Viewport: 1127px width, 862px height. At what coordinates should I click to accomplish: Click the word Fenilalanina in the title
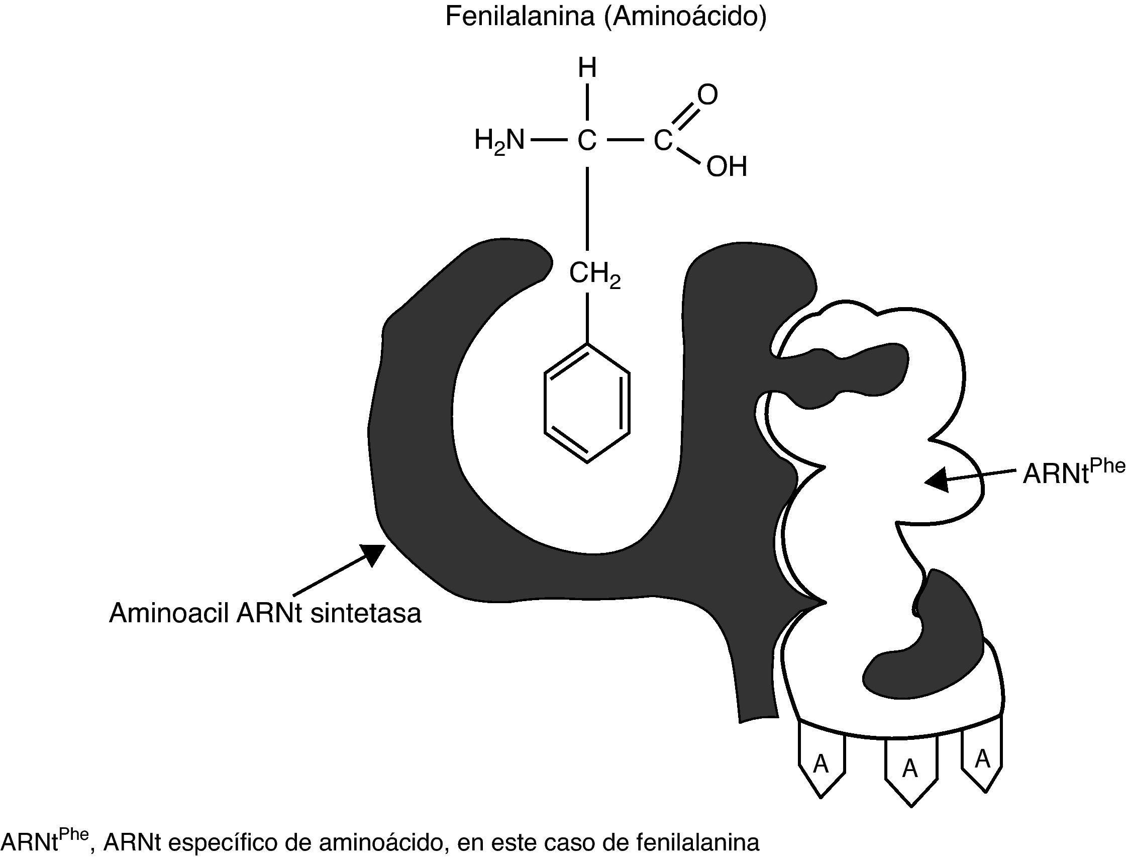click(x=519, y=17)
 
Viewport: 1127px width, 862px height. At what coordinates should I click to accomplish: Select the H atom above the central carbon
click(x=587, y=68)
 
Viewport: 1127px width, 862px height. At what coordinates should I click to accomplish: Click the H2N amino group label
click(x=499, y=141)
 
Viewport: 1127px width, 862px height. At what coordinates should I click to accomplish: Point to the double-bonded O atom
click(x=707, y=95)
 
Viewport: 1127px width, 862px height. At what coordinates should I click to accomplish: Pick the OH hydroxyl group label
click(x=727, y=167)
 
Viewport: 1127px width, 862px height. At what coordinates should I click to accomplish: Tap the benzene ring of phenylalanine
click(x=587, y=403)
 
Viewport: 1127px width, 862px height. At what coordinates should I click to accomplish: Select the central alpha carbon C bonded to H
click(x=587, y=141)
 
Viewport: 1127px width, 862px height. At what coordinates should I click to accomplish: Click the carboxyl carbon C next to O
click(x=662, y=141)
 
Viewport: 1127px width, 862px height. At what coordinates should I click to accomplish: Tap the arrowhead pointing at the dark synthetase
click(x=373, y=554)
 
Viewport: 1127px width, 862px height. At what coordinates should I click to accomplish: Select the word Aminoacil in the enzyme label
click(x=169, y=613)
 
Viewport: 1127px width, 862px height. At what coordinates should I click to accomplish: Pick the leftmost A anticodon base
click(x=822, y=764)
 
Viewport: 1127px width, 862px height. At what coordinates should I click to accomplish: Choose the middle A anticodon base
click(x=910, y=768)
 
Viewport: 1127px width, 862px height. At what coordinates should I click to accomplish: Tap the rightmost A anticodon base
click(x=982, y=759)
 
